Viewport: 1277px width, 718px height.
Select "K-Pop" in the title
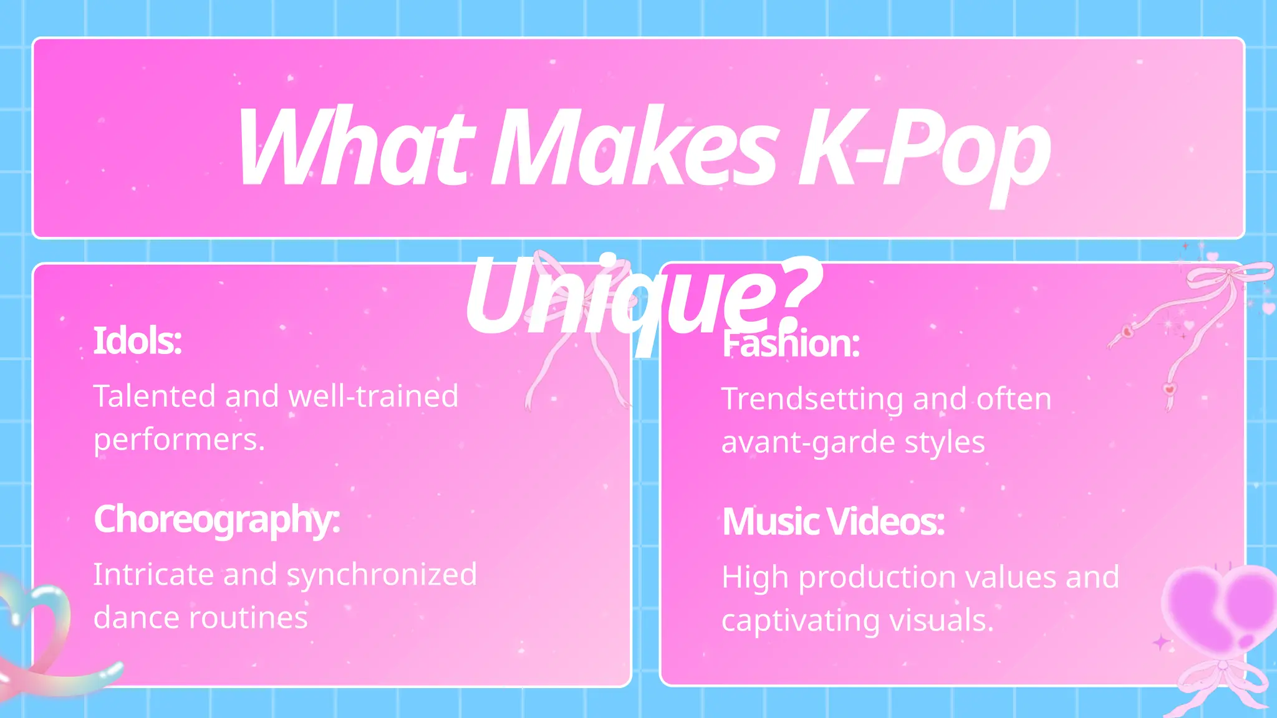(x=923, y=150)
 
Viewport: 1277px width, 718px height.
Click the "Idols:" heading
(x=138, y=341)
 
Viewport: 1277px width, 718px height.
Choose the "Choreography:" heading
(x=217, y=519)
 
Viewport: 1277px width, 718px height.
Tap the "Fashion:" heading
(x=791, y=343)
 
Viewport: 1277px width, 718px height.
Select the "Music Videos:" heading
(x=833, y=522)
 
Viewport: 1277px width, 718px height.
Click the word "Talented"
(x=155, y=396)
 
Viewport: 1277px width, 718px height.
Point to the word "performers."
(x=180, y=440)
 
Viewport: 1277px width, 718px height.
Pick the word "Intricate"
(x=153, y=575)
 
